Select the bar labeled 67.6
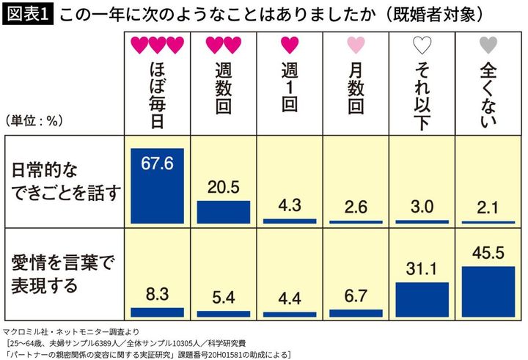pyautogui.click(x=157, y=185)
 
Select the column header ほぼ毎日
pyautogui.click(x=156, y=95)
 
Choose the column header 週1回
pyautogui.click(x=288, y=88)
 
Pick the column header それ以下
pyautogui.click(x=422, y=95)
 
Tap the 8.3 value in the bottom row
pyautogui.click(x=157, y=295)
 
